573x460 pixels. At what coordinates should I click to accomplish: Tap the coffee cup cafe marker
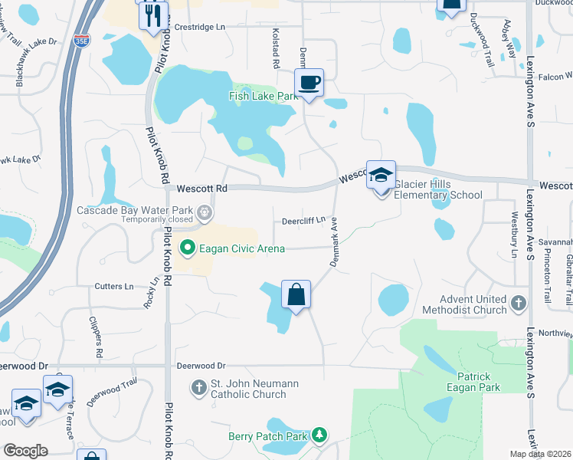tap(309, 82)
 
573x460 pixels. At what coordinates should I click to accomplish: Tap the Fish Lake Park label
tap(262, 97)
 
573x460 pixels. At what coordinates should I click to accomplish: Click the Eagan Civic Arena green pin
tap(185, 248)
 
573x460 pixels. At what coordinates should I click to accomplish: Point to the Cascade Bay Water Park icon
tap(204, 212)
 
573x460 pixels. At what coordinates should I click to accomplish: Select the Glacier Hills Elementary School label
tap(438, 189)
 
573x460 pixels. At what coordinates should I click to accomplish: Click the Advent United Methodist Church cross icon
tap(519, 304)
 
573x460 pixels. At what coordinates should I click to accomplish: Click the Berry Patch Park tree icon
tap(319, 436)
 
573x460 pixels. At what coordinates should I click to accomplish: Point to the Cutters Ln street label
tap(114, 286)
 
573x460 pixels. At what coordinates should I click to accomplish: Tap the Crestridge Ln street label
tap(200, 27)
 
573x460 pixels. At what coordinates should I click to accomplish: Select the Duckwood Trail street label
tap(485, 40)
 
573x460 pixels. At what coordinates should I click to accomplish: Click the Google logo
tap(26, 451)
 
